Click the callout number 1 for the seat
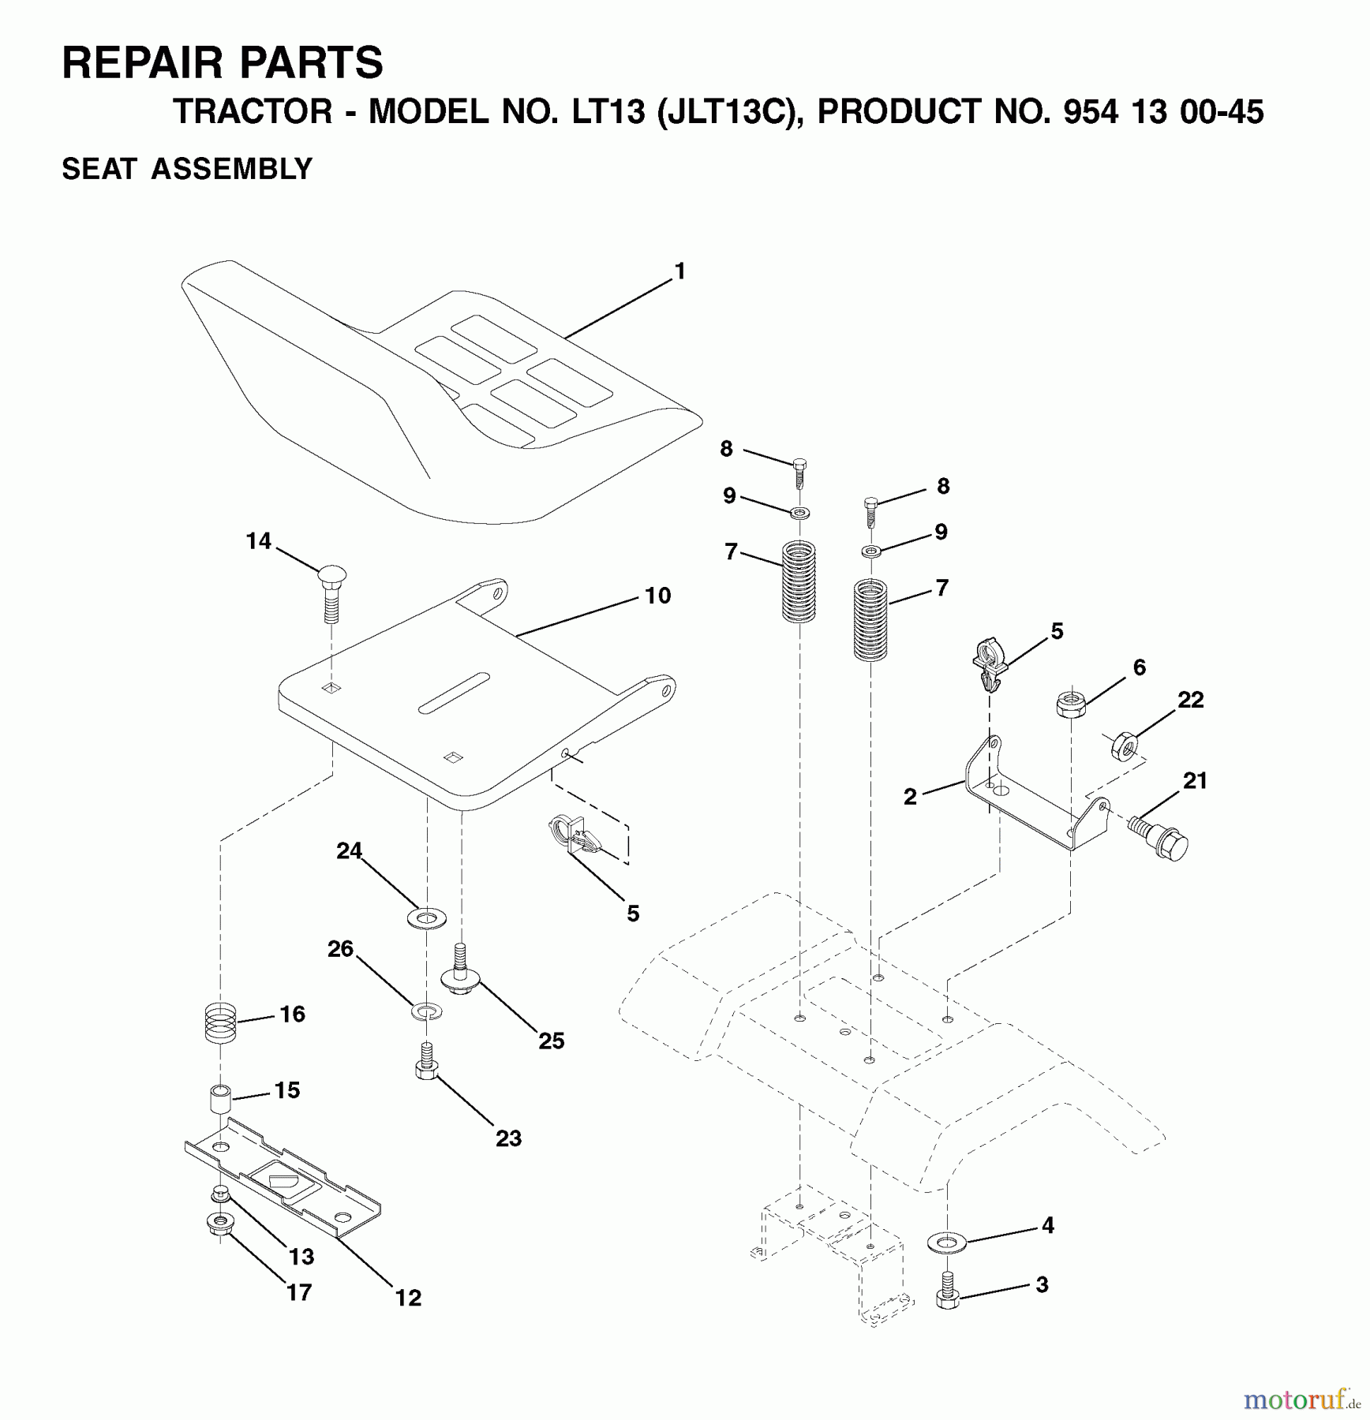(679, 271)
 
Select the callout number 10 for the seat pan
(657, 595)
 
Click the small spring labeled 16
(221, 1022)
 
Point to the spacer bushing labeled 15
(221, 1099)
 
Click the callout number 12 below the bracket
(408, 1298)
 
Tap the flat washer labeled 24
(426, 917)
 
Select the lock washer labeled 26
(426, 1011)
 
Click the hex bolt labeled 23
(426, 1062)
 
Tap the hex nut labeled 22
(1123, 745)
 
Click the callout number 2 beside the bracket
(910, 797)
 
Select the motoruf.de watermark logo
(1303, 1399)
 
